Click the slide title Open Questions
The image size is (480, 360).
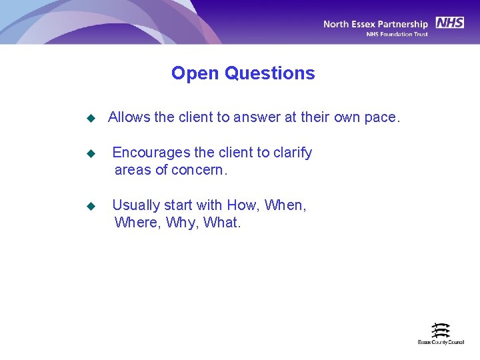[x=243, y=73]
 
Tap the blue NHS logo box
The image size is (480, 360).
[x=449, y=23]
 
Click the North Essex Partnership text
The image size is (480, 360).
[x=375, y=25]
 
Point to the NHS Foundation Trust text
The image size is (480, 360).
[x=397, y=35]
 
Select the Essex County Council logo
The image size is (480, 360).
[x=441, y=333]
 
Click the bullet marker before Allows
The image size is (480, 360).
[x=91, y=119]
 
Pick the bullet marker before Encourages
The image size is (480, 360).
[x=91, y=153]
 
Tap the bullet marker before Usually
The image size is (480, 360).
[x=91, y=206]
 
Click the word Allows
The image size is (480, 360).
[x=129, y=118]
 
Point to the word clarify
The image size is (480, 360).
[x=293, y=153]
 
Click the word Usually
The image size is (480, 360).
[x=136, y=205]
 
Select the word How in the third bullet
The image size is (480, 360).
[x=242, y=205]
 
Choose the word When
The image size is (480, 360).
[x=285, y=205]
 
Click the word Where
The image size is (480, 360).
[x=136, y=223]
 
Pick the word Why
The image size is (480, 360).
[x=180, y=223]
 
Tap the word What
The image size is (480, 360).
[x=221, y=223]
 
